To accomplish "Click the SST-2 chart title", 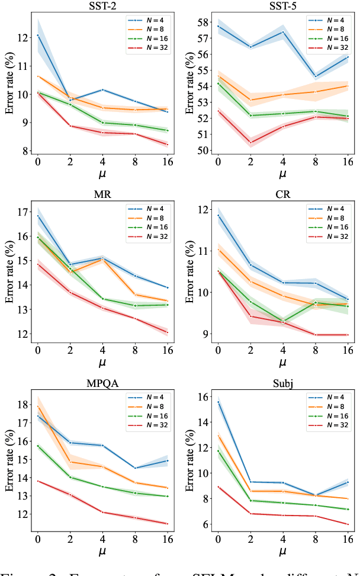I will (x=102, y=7).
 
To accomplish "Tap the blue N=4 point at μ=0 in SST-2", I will (x=38, y=36).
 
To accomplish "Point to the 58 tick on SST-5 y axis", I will (x=206, y=23).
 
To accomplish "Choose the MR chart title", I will (x=102, y=195).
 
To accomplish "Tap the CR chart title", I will (x=282, y=195).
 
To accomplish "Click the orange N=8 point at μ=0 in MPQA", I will (x=38, y=407).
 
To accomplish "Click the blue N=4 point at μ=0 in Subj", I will (x=218, y=402).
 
